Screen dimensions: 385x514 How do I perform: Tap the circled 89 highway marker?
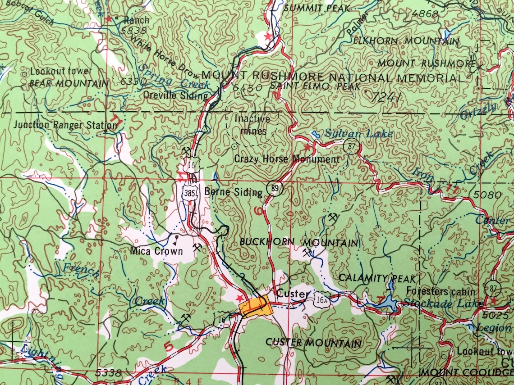pyautogui.click(x=275, y=189)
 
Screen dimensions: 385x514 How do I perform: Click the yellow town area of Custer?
pyautogui.click(x=256, y=307)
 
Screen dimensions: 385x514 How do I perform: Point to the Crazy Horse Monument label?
pyautogui.click(x=287, y=159)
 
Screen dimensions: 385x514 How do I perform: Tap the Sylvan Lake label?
pyautogui.click(x=358, y=134)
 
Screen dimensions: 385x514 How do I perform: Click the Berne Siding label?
pyautogui.click(x=233, y=192)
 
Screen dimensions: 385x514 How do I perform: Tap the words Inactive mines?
pyautogui.click(x=253, y=125)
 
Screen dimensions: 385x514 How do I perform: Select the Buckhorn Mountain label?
pyautogui.click(x=299, y=242)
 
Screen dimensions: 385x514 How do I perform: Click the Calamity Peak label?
pyautogui.click(x=377, y=278)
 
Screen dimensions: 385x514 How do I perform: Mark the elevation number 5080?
pyautogui.click(x=488, y=195)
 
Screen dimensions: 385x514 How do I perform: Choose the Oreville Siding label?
pyautogui.click(x=175, y=95)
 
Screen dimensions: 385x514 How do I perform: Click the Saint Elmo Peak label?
pyautogui.click(x=315, y=86)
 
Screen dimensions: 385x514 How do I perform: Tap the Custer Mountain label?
pyautogui.click(x=313, y=343)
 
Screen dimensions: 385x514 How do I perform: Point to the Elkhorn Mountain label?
pyautogui.click(x=406, y=41)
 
